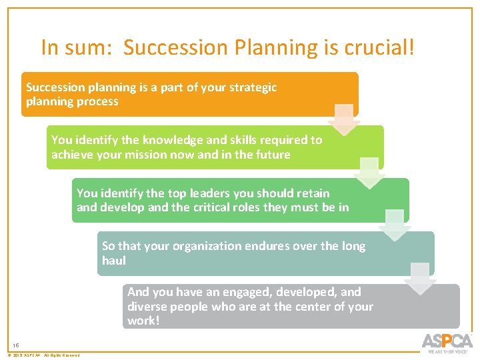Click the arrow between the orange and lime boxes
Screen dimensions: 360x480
click(x=344, y=119)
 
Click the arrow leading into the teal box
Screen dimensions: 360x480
click(x=395, y=225)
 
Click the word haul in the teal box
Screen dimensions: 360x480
click(x=114, y=261)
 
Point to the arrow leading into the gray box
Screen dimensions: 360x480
click(x=420, y=278)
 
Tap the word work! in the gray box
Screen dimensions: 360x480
click(x=144, y=321)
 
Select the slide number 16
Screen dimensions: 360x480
click(x=16, y=345)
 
